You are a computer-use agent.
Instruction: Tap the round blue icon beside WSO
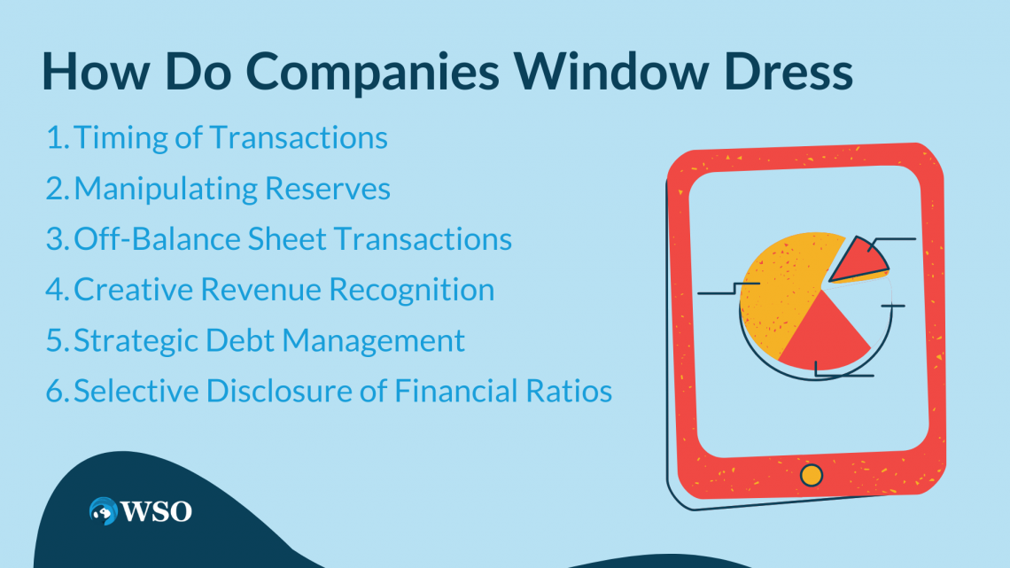104,510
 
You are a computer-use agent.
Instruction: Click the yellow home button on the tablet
811,475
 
